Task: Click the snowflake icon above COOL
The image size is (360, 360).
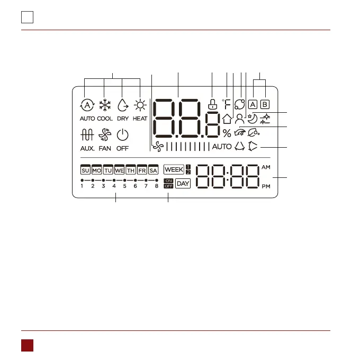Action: click(x=105, y=105)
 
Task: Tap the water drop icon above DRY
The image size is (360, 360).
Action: click(x=123, y=105)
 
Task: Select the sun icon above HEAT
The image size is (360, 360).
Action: click(x=140, y=105)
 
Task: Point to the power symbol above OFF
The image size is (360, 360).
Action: click(x=122, y=136)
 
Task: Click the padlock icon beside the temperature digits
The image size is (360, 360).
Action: click(x=212, y=104)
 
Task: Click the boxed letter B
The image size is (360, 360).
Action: click(x=265, y=104)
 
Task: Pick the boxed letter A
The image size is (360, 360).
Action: click(x=253, y=104)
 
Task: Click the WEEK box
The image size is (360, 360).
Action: click(x=174, y=169)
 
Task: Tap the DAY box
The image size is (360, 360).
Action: click(x=183, y=184)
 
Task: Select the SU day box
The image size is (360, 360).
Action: click(x=85, y=170)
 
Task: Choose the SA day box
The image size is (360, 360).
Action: click(x=154, y=170)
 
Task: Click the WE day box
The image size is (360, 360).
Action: click(x=119, y=170)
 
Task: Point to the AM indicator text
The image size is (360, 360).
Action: click(x=265, y=167)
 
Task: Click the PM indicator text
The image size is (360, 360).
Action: click(x=265, y=187)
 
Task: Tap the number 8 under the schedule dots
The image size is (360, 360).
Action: click(x=157, y=186)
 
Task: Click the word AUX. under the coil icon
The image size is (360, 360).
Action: click(x=87, y=149)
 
